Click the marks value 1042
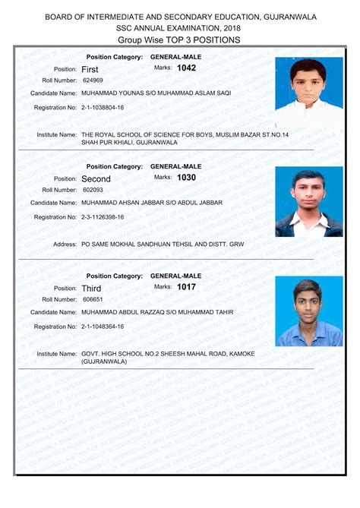point(186,68)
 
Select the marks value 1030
point(186,178)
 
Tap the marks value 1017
point(186,287)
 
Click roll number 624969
point(93,80)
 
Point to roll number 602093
point(93,190)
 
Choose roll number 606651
point(93,299)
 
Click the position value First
point(90,69)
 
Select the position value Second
point(96,179)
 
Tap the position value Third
point(91,289)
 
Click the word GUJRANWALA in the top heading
point(291,17)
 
